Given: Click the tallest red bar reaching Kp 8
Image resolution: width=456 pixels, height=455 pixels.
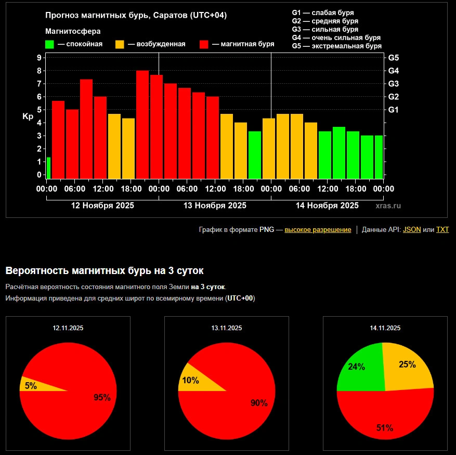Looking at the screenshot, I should click(142, 125).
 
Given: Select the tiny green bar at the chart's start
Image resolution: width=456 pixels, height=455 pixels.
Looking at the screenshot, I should click(48, 168).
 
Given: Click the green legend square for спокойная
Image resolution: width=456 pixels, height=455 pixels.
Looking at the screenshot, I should click(50, 44).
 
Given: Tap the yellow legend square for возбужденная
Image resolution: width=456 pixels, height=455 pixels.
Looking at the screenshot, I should click(120, 44).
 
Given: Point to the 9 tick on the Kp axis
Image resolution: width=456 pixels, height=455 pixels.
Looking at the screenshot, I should click(39, 58).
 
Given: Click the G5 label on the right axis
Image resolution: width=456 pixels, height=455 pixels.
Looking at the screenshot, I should click(394, 58).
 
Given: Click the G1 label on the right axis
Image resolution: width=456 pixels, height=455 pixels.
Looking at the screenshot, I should click(394, 110).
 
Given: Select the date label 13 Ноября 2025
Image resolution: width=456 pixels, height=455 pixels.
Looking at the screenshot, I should click(215, 205).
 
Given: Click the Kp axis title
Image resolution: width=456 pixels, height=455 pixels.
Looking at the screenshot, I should click(28, 116).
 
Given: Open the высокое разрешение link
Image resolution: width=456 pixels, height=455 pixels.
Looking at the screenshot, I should click(317, 229).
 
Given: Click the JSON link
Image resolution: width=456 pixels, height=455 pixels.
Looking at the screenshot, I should click(412, 229).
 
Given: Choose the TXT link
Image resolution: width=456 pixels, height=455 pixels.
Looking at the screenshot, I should click(442, 229).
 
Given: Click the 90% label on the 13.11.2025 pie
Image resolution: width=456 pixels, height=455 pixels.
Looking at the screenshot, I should click(258, 402).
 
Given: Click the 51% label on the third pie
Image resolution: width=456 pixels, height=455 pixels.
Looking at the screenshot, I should click(384, 428).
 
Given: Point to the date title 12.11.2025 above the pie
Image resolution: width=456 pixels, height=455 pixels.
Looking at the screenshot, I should click(68, 328).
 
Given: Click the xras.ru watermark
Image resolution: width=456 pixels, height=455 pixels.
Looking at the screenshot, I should click(388, 206).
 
